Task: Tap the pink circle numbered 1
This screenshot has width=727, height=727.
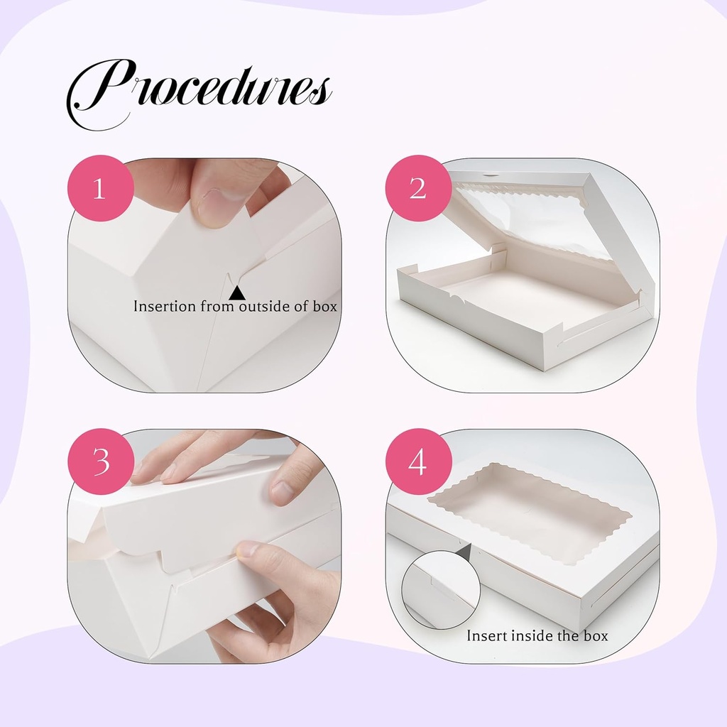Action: (x=100, y=189)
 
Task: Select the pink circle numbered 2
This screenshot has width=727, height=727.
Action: (x=418, y=189)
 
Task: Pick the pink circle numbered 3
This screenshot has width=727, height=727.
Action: (x=100, y=461)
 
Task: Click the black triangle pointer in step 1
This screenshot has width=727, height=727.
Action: (x=237, y=292)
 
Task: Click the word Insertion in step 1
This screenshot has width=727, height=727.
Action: (x=165, y=307)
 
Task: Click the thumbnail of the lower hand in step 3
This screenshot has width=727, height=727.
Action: (x=246, y=548)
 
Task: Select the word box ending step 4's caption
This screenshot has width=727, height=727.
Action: (x=596, y=635)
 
